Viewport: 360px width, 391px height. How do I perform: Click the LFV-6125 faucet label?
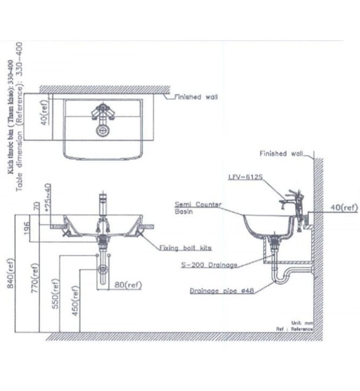tap(245, 177)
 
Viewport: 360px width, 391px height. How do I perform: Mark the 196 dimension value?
tap(26, 228)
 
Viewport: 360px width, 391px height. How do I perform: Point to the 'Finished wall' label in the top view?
tap(195, 97)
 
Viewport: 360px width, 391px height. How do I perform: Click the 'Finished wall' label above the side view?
tap(281, 154)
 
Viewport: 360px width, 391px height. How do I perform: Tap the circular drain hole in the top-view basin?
tap(103, 130)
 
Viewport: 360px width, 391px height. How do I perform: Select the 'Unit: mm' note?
tap(302, 322)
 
